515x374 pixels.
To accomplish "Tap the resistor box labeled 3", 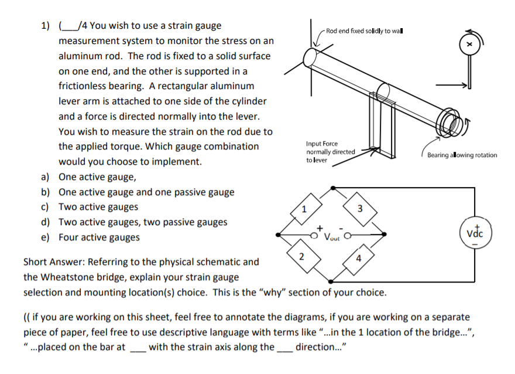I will pos(360,209).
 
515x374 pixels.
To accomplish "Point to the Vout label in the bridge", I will pos(332,238).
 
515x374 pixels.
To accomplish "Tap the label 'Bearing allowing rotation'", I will pos(462,155).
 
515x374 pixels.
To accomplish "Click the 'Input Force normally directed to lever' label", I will pos(330,151).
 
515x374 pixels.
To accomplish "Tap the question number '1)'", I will pos(45,26).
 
